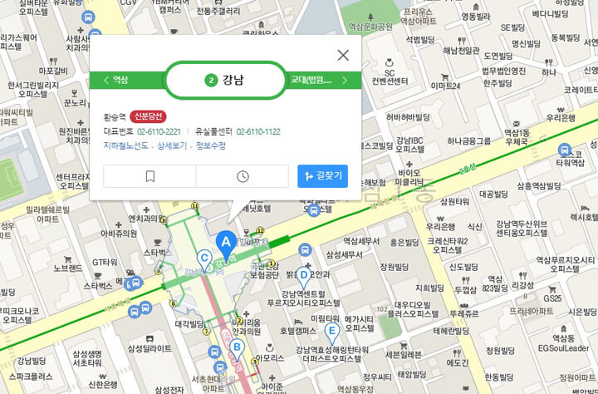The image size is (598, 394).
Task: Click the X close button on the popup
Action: coord(343,56)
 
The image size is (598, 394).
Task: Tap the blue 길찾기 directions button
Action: coord(324,176)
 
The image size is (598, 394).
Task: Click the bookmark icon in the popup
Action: coord(149,176)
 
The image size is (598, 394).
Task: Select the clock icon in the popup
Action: coord(243,176)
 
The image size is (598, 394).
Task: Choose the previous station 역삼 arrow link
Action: coord(119,81)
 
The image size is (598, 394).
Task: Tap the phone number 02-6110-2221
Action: coord(159,132)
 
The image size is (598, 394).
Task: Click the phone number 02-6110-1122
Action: coord(258,132)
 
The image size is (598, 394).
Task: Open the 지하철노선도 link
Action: coord(126,145)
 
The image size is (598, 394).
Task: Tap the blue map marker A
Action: coord(223,242)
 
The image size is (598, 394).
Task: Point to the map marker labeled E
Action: coord(332,332)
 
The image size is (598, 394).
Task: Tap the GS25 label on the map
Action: coord(552,298)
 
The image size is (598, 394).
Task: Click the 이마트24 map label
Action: coord(444,86)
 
